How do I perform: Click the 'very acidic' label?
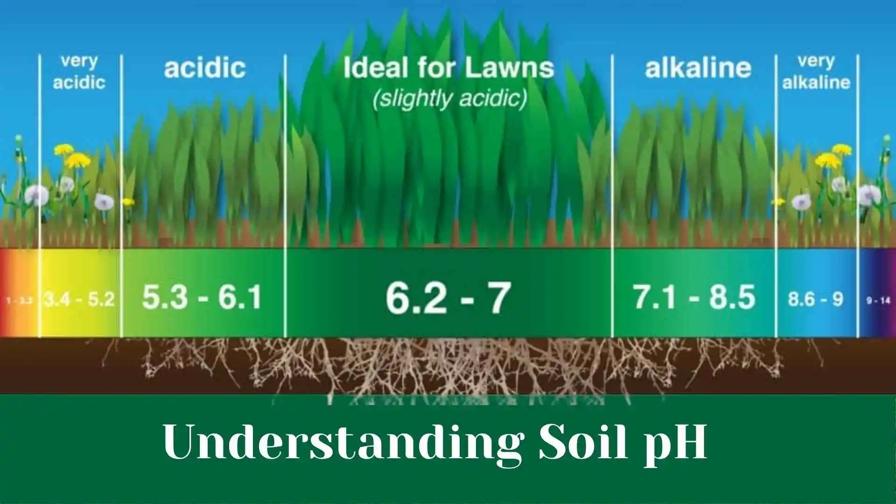(79, 72)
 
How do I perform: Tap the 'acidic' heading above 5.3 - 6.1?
(204, 68)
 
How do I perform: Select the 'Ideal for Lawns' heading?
(448, 68)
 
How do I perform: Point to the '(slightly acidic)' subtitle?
(450, 99)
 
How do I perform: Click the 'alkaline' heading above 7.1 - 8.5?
(698, 69)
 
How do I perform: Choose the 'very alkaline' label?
(816, 72)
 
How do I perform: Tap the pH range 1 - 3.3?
(19, 300)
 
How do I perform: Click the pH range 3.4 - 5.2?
(79, 299)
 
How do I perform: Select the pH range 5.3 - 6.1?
(202, 297)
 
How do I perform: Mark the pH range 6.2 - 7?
(448, 297)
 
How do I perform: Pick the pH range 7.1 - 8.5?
(694, 297)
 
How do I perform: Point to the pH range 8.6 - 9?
(816, 299)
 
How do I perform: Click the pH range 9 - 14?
(878, 301)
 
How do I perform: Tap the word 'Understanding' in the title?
(343, 442)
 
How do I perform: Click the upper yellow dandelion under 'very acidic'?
(64, 149)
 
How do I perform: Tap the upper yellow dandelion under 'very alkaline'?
(841, 149)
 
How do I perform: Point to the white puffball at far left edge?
(36, 195)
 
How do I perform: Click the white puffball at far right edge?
(869, 194)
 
